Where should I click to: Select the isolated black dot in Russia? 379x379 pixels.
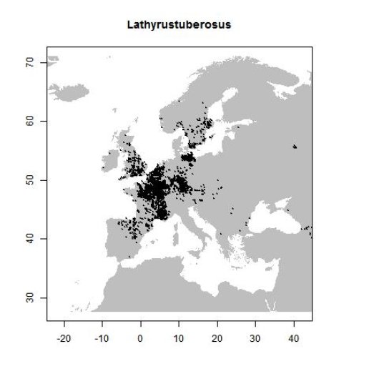tap(295, 147)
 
